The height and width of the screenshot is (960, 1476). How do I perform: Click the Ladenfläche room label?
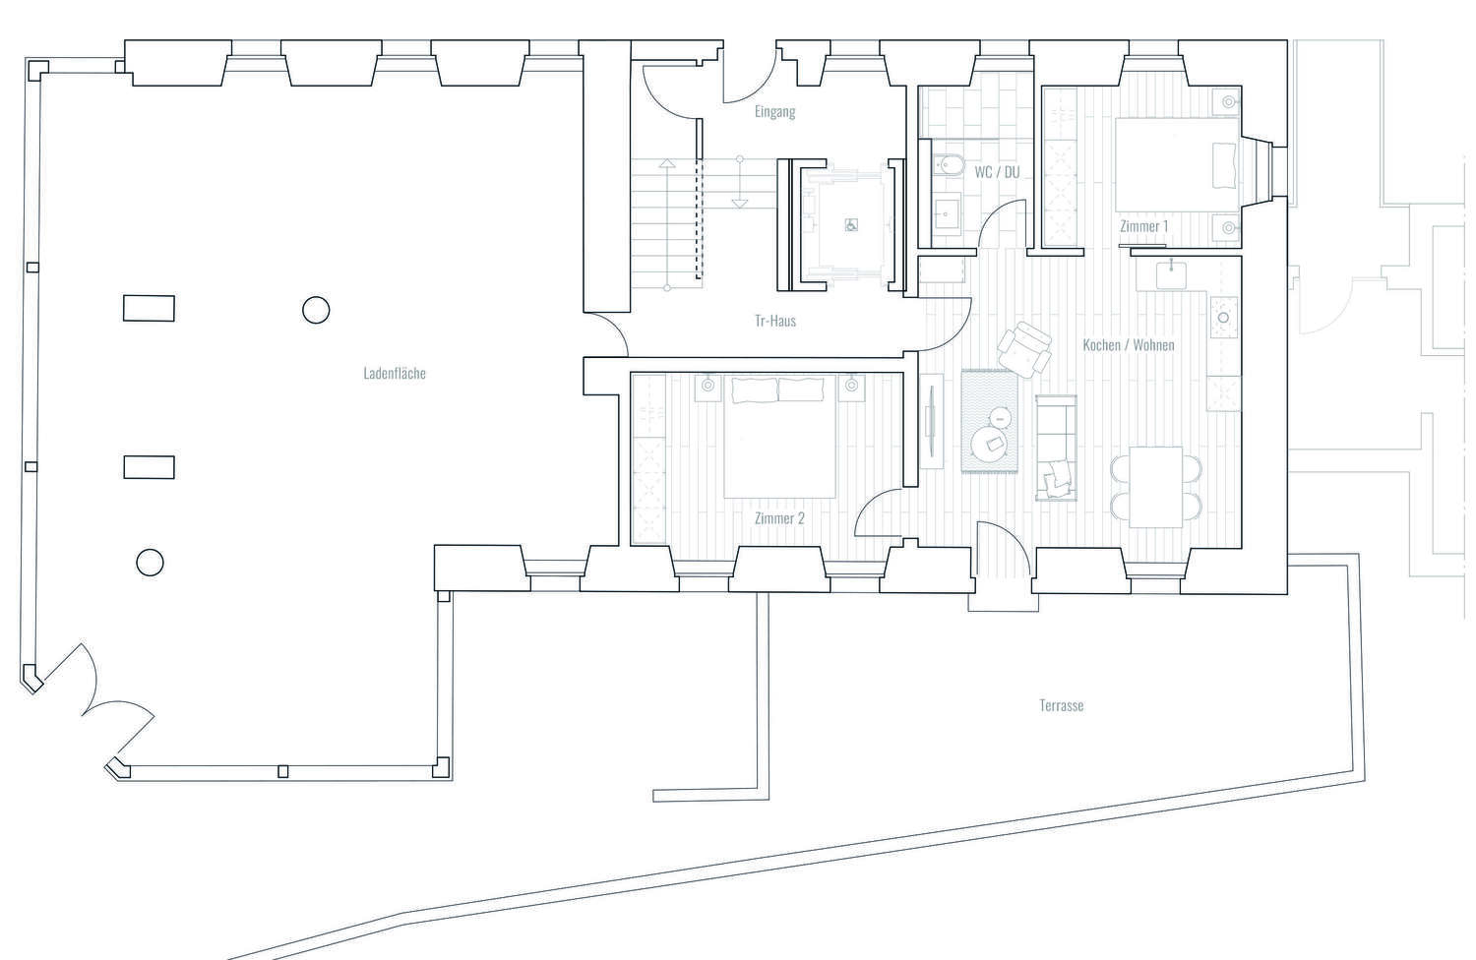pyautogui.click(x=394, y=373)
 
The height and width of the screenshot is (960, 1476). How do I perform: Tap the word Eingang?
pyautogui.click(x=775, y=111)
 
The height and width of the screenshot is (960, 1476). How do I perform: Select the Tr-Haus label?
pyautogui.click(x=775, y=321)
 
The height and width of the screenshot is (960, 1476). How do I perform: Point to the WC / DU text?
pyautogui.click(x=997, y=172)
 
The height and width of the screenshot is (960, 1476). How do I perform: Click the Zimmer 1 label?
pyautogui.click(x=1143, y=226)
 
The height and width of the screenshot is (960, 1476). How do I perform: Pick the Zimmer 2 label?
pyautogui.click(x=779, y=518)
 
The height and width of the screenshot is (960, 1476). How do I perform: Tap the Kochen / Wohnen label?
pyautogui.click(x=1128, y=344)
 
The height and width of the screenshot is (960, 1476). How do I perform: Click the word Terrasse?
pyautogui.click(x=1061, y=705)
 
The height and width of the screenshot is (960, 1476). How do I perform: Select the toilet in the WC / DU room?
pyautogui.click(x=949, y=165)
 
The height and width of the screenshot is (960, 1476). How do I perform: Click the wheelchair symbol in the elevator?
pyautogui.click(x=851, y=225)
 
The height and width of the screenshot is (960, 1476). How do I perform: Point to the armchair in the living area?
pyautogui.click(x=1024, y=349)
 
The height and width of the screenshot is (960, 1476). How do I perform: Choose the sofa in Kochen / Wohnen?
pyautogui.click(x=1056, y=448)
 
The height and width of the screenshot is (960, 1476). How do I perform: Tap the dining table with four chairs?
pyautogui.click(x=1156, y=487)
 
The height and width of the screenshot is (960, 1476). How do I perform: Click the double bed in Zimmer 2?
pyautogui.click(x=779, y=436)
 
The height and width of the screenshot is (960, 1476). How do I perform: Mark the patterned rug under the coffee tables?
pyautogui.click(x=989, y=421)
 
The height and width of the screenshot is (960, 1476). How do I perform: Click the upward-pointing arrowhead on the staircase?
pyautogui.click(x=667, y=163)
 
